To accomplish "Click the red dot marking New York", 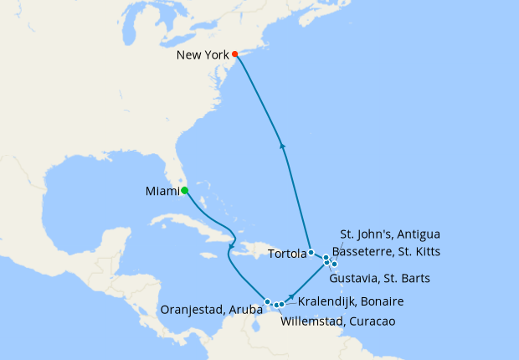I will [235, 54].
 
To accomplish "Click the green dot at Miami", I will [184, 191].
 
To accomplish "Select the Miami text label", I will [162, 192].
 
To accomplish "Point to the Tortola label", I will [286, 253].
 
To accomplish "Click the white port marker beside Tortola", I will [311, 252].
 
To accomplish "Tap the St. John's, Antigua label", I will [390, 234].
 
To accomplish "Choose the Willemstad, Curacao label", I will [338, 321].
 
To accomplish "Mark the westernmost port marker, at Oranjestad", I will [267, 301].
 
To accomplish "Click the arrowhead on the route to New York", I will [283, 146].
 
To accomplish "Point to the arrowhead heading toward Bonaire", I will [292, 296].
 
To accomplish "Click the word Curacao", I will [370, 321].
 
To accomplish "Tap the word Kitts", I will [423, 250].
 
